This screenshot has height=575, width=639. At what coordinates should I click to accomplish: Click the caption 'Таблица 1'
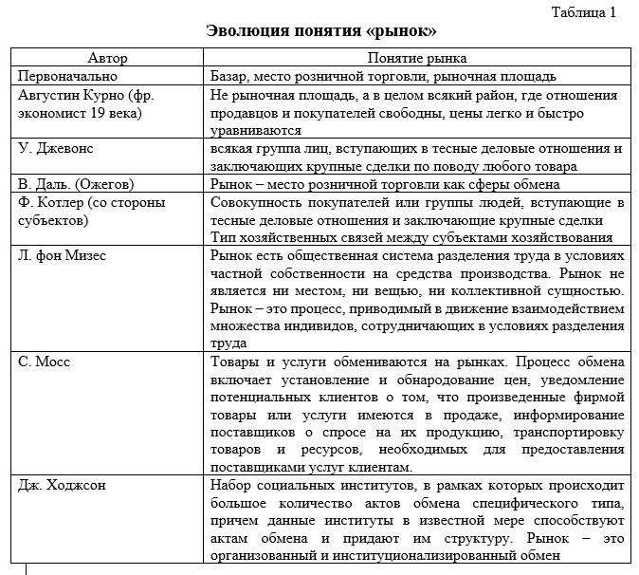[584, 12]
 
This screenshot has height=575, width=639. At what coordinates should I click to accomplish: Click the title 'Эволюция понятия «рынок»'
[321, 31]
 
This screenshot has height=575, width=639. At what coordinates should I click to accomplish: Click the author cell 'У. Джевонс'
[56, 149]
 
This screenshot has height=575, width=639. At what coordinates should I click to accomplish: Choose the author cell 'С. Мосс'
[44, 362]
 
